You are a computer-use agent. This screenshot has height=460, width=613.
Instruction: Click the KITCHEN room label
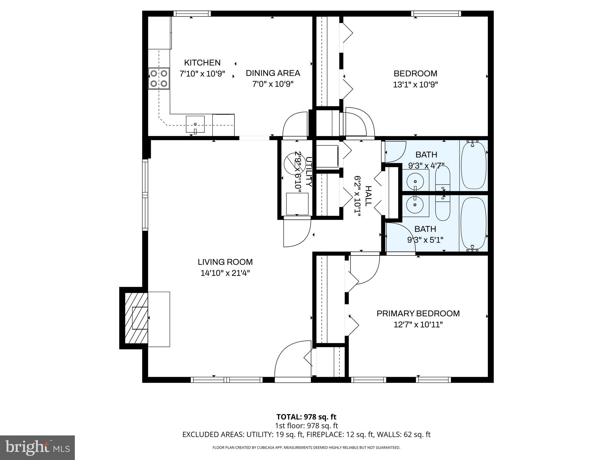tap(202, 63)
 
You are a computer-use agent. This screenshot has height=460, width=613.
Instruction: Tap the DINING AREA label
tap(273, 73)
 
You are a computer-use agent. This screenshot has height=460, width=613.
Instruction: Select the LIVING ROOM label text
tap(225, 262)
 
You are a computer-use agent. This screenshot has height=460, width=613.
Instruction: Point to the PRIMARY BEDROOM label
tap(418, 314)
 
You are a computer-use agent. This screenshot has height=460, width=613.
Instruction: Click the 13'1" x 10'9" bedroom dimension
tap(415, 84)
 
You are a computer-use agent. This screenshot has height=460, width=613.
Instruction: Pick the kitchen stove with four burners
tap(159, 78)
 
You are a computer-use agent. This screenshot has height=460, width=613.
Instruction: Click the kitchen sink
tap(195, 124)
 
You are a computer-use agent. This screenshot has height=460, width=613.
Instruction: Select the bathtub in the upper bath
tap(473, 166)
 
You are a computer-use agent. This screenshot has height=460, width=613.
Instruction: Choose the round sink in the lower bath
tap(415, 205)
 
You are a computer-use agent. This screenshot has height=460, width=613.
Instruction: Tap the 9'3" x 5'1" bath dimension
tap(425, 240)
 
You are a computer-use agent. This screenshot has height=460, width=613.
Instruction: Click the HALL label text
tap(368, 196)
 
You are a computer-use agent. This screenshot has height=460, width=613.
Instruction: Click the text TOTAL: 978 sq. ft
tap(306, 417)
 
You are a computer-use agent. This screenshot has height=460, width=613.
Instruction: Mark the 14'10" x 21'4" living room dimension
tap(225, 273)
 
